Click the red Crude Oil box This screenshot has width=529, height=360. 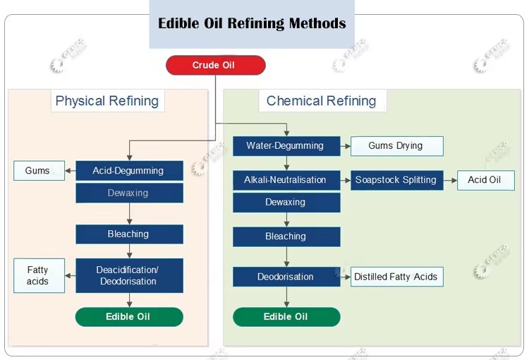point(216,65)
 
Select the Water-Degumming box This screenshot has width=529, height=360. point(286,146)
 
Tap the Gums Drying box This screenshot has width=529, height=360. point(397,146)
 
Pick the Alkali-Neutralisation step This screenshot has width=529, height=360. point(286,180)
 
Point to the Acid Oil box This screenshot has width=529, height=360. point(486,180)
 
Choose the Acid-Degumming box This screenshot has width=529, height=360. point(130,171)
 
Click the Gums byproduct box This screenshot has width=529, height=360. point(39,171)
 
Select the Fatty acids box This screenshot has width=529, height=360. point(39,275)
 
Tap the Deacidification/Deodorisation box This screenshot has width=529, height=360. point(130,275)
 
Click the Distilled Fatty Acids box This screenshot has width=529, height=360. point(397,277)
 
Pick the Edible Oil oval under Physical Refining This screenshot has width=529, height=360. point(129,317)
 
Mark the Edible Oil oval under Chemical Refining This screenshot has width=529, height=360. point(286,317)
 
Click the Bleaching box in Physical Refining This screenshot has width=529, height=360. point(130,234)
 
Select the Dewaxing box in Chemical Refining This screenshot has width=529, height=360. point(286,203)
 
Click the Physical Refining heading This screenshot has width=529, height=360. point(107,101)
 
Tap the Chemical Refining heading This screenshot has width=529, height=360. point(322,101)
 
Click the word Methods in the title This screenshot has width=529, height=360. point(317,23)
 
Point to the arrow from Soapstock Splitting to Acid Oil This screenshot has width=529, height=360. point(451,180)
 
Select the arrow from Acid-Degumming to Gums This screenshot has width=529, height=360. point(70,171)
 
